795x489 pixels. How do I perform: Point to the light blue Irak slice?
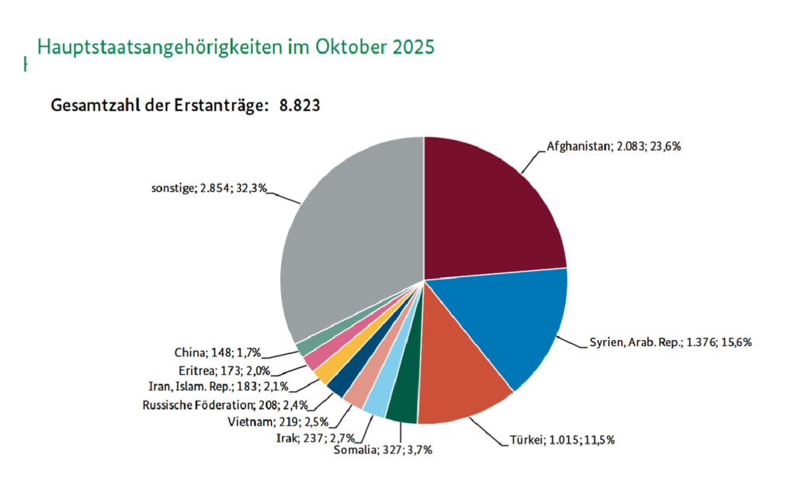tap(378, 399)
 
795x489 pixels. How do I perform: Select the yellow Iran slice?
tap(324, 373)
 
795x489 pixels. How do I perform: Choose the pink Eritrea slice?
tap(311, 360)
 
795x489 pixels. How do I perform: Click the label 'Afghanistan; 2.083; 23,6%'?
tap(613, 146)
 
